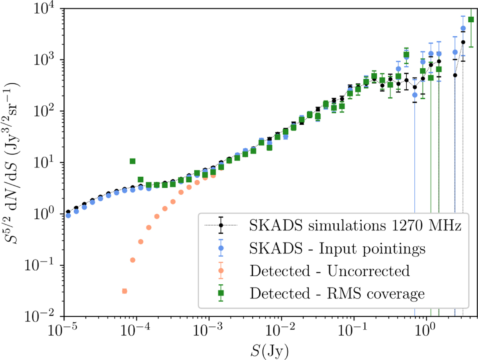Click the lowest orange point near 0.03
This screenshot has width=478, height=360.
(x=125, y=291)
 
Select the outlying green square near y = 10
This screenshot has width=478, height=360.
(x=133, y=161)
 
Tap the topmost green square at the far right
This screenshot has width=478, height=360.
(x=471, y=20)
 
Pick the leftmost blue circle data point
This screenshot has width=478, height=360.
(x=68, y=215)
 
